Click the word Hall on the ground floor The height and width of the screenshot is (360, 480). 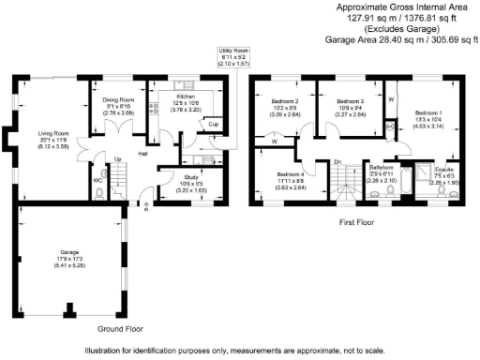143,154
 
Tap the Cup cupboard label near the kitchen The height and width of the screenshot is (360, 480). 213,124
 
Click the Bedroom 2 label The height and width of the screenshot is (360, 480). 284,100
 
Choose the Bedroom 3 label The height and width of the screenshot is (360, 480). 349,100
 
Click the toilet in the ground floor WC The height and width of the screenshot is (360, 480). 100,195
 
